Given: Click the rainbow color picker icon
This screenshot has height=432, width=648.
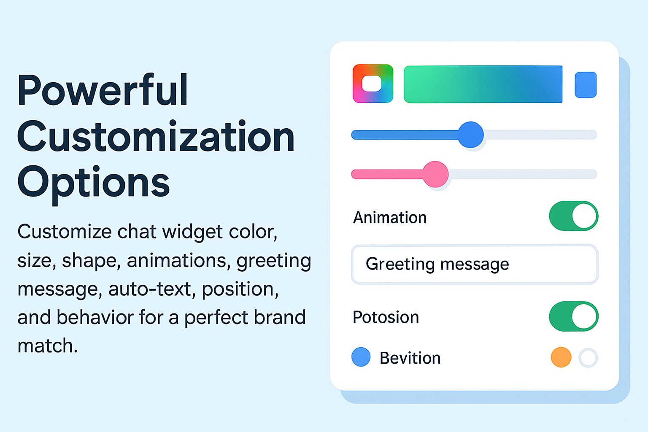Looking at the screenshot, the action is [373, 84].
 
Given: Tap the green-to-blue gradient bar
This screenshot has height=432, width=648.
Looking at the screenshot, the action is [483, 84].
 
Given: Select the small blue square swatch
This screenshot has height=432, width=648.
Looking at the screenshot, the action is [586, 85].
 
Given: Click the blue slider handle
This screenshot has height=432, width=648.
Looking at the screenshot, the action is [471, 135].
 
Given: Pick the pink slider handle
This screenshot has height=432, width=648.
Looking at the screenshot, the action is [436, 174].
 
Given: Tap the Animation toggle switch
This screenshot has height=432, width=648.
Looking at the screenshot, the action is [574, 216].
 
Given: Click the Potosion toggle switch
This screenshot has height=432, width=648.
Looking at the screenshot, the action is [574, 316].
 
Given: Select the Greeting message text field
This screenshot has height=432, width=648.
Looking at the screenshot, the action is [475, 264].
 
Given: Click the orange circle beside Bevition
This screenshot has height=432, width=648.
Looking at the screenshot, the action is [561, 357].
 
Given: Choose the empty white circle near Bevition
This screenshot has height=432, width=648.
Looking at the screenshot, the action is [588, 358].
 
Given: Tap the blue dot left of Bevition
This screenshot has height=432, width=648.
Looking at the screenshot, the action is [361, 357].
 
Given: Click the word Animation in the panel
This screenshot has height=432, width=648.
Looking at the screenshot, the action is [390, 218].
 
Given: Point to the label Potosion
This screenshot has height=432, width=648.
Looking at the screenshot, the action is [386, 317].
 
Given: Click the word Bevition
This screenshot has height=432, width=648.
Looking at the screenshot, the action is [410, 358].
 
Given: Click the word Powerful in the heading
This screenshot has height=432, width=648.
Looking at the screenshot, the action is [103, 90].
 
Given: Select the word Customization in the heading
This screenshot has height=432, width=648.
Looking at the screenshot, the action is [156, 136].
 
